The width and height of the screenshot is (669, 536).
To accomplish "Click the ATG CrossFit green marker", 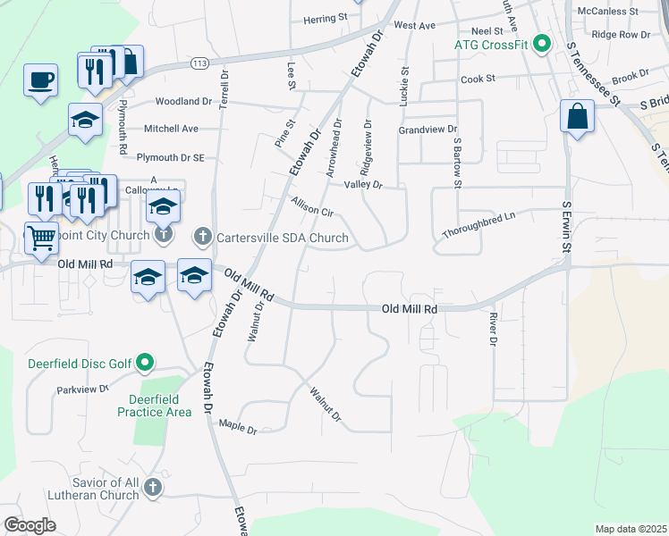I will point(542,43).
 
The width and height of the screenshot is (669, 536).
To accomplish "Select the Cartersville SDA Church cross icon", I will point(203,238).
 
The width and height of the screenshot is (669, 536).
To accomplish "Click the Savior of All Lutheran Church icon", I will point(152,487).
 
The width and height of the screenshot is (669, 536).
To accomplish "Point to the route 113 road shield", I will point(199,63).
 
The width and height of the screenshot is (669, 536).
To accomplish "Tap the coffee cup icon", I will point(40,80).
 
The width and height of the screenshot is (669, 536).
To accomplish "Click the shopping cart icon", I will point(41,239).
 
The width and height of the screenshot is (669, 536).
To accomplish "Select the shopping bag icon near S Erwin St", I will point(578,116).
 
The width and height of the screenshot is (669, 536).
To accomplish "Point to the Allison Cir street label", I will point(311,208).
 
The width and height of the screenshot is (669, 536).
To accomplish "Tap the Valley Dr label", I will point(363,185).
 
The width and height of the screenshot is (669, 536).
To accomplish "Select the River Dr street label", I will point(492,328).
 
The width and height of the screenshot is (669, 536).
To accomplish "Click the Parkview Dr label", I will point(82,389).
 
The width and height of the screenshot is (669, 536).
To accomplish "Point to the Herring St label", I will point(325,18).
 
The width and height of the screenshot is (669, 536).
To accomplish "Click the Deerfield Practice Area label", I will point(154,405).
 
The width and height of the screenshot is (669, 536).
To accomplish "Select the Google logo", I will point(30,525).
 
